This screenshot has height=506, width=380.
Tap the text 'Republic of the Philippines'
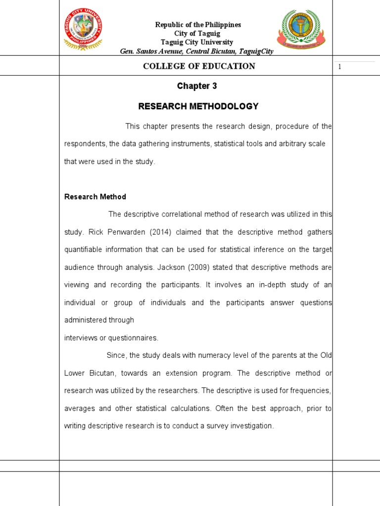198,25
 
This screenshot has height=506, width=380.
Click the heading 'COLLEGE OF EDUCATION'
199,66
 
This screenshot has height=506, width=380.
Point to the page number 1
340,67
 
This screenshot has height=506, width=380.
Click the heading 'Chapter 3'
197,86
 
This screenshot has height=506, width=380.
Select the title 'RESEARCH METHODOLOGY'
198,106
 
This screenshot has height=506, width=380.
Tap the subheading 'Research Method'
95,197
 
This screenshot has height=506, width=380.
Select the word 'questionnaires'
134,338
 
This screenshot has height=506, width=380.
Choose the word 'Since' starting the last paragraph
116,355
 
